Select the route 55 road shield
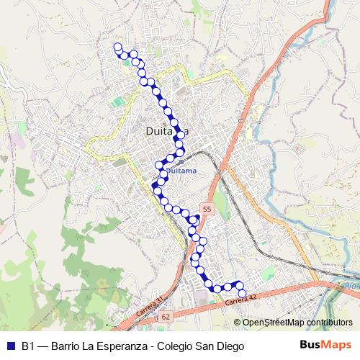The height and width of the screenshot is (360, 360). [x=207, y=209]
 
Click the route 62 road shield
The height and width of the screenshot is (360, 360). [x=166, y=316]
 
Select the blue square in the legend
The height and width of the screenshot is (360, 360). [x=10, y=346]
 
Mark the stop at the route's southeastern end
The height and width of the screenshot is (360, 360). [x=241, y=292]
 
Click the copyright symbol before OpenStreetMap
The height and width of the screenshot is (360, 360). [x=238, y=323]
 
